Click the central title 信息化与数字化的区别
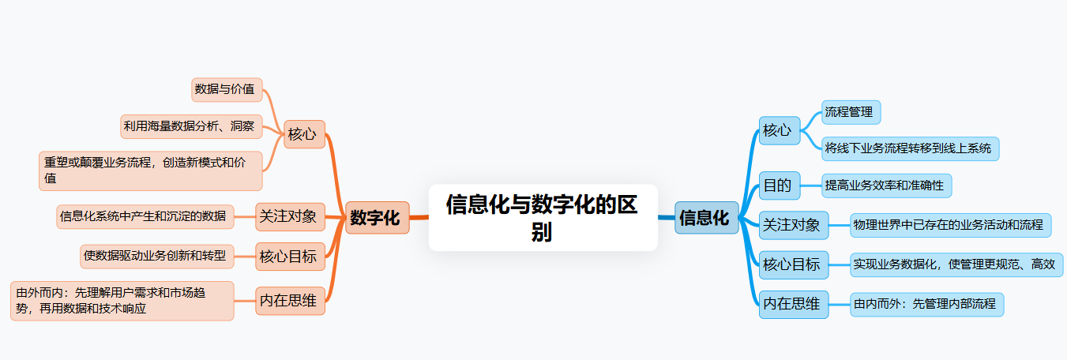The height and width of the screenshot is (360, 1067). pos(543,218)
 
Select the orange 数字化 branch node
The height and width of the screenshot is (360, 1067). pos(375,218)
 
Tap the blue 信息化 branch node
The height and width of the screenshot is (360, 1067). pos(705,218)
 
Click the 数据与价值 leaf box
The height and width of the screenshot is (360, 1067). pos(227,90)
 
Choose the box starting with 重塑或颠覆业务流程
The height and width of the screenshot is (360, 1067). pos(150,171)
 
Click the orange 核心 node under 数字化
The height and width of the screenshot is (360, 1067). pos(302,134)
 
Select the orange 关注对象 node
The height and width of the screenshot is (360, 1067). pos(289,216)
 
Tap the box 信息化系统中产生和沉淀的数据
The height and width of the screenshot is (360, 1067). pos(145,216)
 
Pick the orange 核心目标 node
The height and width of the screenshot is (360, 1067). pos(289,256)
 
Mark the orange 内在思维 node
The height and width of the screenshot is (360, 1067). pos(289,301)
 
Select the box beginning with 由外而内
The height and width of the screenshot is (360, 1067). pos(122,301)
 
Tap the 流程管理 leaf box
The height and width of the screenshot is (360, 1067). pos(851,112)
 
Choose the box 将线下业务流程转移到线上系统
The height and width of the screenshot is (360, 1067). pos(910,148)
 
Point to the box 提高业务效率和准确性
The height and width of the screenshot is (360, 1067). pos(886,186)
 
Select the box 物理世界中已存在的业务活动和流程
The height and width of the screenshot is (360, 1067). pos(950,225)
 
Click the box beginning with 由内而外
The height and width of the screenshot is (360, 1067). pos(926,304)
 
